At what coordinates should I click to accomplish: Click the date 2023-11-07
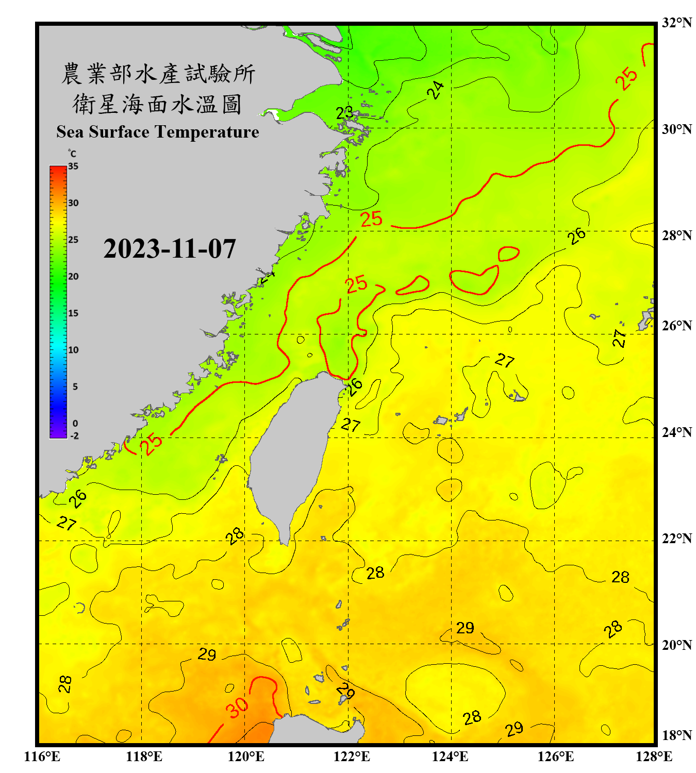coord(170,249)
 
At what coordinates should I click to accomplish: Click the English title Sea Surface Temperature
coord(158,132)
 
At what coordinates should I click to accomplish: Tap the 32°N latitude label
coord(676,23)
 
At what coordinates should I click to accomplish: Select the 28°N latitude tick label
coord(676,236)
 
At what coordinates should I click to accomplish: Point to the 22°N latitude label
coord(676,539)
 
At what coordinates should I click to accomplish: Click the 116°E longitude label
coord(42,757)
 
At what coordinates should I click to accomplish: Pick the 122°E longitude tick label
coord(352,757)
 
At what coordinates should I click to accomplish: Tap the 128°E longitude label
coord(654,757)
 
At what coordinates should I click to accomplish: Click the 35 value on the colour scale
coord(73,166)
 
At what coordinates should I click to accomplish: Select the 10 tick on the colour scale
coord(73,350)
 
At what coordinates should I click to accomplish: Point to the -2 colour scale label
coord(74,436)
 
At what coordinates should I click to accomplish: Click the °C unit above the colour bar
coord(72,154)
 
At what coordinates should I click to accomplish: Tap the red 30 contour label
coord(237,708)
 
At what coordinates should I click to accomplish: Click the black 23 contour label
coord(344,112)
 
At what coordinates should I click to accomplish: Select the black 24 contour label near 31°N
coord(435,90)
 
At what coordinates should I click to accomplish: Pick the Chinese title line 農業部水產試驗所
coord(158,74)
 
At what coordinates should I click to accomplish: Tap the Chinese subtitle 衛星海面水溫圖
coord(157,104)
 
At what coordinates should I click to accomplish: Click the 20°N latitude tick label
coord(676,645)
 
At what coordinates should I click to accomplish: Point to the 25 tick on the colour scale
coord(73,240)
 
